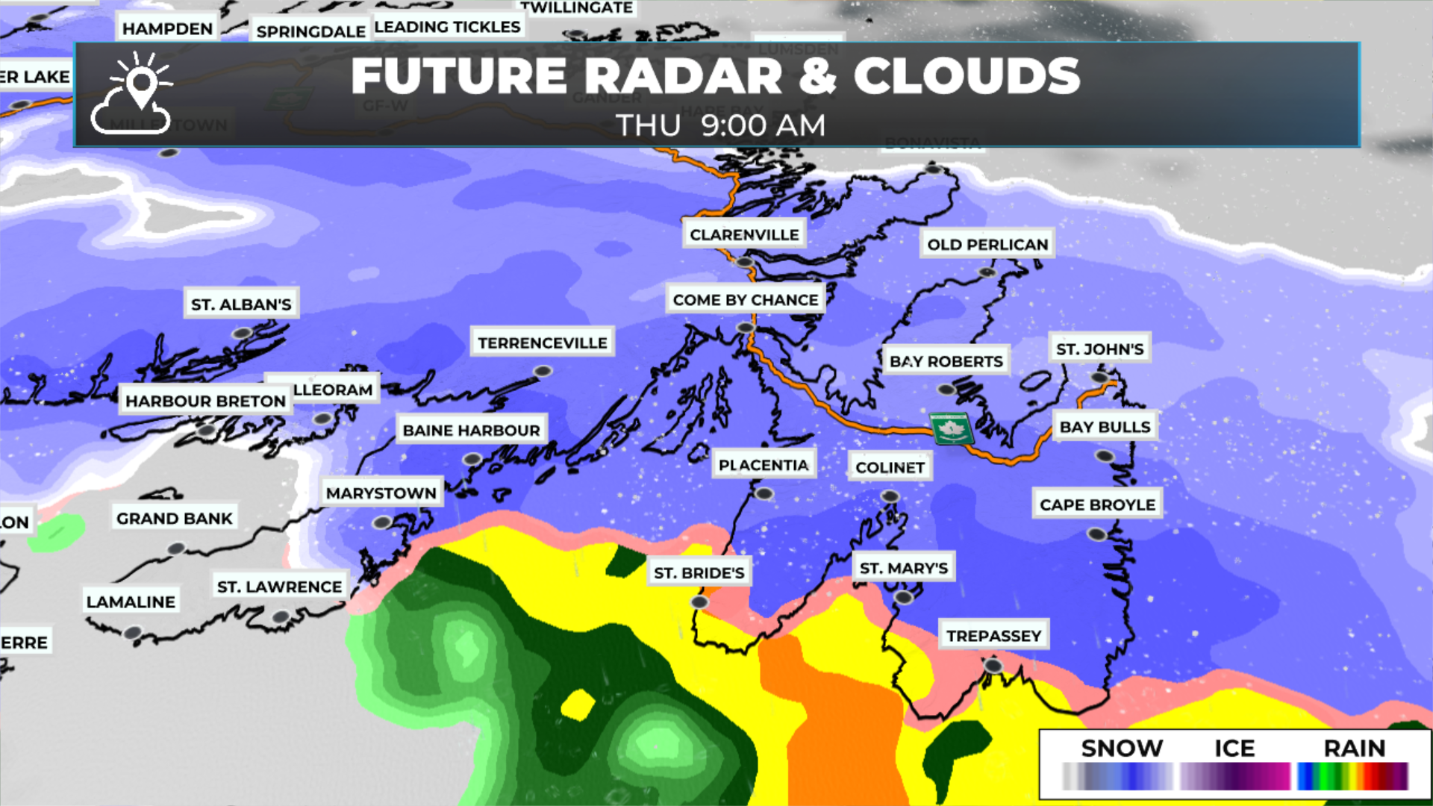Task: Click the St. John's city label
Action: (1099, 349)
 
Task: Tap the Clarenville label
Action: (744, 234)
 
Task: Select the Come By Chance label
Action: (746, 299)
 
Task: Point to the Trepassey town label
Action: (993, 635)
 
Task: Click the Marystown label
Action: (381, 493)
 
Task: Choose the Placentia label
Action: (764, 465)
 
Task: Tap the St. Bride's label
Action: (699, 572)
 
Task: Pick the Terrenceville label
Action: (543, 343)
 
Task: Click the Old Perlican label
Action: (987, 244)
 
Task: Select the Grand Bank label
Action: (175, 518)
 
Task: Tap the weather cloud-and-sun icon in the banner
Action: (133, 94)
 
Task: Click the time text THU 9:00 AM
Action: (720, 125)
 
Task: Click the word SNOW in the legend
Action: (1122, 748)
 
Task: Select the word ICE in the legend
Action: (1234, 748)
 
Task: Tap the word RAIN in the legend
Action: (1354, 748)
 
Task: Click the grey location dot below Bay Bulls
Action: (1104, 456)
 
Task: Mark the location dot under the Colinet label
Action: (890, 496)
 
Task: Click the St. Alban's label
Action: (241, 304)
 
